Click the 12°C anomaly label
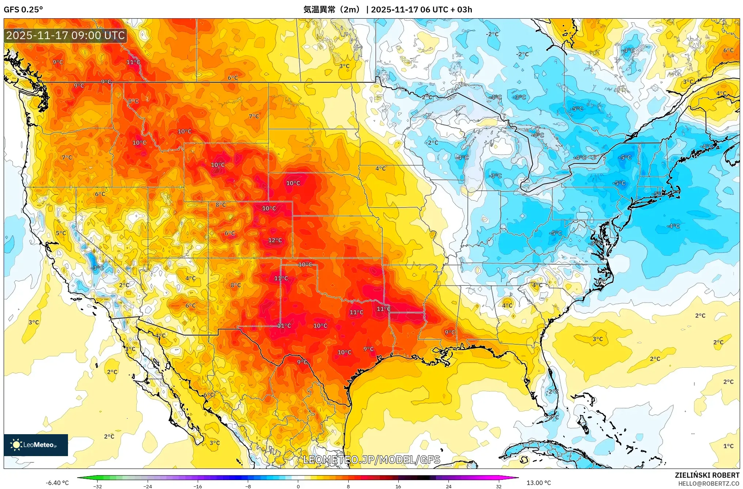tap(275, 240)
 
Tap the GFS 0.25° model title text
tap(23, 10)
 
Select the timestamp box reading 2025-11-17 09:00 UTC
tap(65, 35)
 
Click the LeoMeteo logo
tap(35, 445)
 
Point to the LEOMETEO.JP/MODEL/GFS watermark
tap(372, 459)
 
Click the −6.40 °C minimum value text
tap(57, 483)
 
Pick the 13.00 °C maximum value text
tap(538, 483)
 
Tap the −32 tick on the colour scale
tap(97, 486)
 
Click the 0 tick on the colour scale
tap(298, 486)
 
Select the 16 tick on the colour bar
tap(398, 486)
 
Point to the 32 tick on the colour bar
tap(499, 486)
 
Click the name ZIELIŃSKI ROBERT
tap(707, 475)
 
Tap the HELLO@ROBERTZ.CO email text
tap(709, 484)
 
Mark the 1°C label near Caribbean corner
tap(728, 446)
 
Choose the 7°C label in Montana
tap(254, 116)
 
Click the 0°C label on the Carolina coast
tap(600, 281)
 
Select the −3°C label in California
tap(97, 268)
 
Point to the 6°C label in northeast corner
tap(728, 50)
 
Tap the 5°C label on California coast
tap(61, 233)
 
